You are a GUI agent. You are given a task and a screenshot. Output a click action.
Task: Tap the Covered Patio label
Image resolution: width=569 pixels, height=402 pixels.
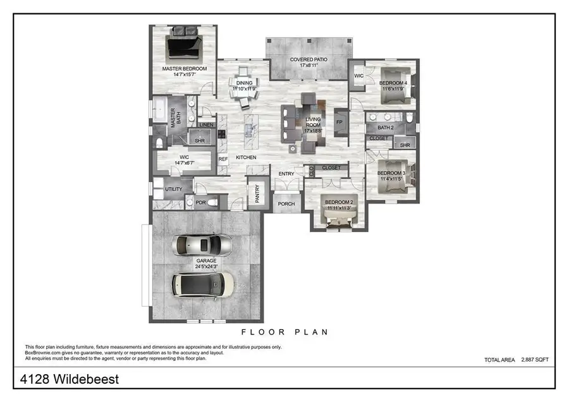[308, 59]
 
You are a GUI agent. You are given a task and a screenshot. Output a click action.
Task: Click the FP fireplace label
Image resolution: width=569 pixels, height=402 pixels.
[339, 122]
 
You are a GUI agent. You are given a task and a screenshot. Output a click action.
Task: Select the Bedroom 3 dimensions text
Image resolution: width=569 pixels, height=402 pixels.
[390, 179]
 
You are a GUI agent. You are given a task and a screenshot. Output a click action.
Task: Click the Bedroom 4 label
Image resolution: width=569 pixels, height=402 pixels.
[393, 83]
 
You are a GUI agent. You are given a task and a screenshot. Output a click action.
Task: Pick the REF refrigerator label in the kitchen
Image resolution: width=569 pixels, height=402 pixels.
[223, 159]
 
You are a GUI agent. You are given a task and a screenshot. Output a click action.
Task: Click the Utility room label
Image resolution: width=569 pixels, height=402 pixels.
[174, 189]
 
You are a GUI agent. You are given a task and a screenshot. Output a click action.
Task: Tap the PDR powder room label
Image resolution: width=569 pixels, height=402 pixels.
[200, 203]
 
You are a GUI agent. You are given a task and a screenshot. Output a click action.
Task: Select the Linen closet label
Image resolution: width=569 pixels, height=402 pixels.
[207, 125]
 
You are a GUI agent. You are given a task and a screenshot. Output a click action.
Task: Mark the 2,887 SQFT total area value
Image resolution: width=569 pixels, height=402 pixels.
[535, 359]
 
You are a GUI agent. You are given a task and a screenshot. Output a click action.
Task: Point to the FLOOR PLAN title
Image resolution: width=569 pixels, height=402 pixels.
[284, 332]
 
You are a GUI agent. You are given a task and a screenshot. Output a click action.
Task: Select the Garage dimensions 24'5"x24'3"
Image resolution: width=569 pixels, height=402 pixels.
[206, 266]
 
